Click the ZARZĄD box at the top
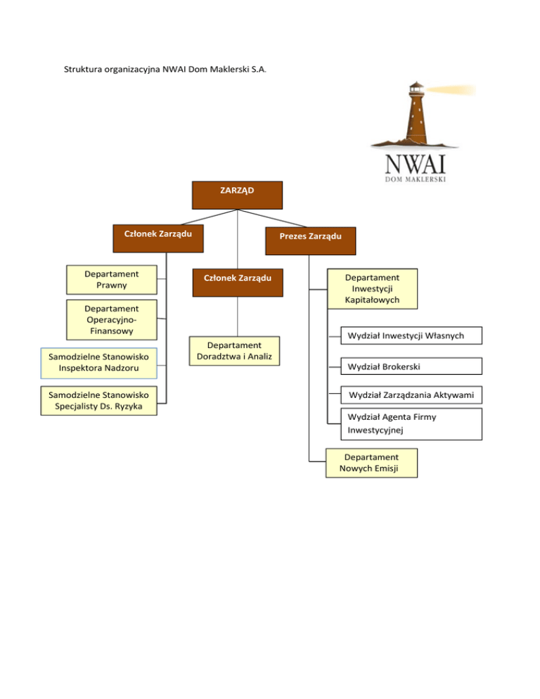(237, 195)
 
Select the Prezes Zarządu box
(310, 239)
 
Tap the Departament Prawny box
(110, 279)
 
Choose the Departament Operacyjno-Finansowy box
(110, 319)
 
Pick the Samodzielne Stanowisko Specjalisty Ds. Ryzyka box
(98, 400)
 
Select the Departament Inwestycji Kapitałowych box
(372, 288)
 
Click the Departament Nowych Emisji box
(371, 463)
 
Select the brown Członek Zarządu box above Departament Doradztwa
(238, 282)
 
